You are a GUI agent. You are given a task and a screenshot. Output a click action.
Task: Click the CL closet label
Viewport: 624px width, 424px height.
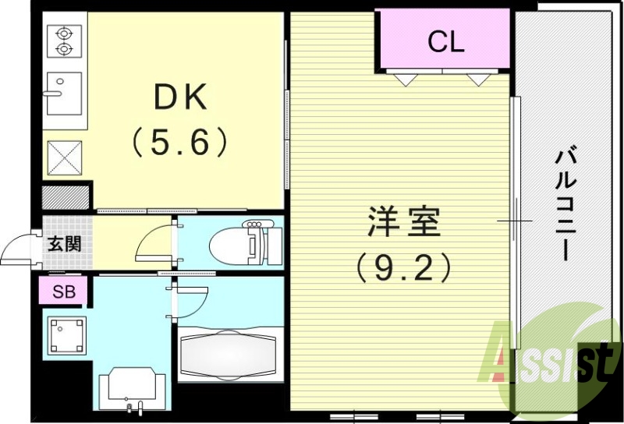tap(445, 42)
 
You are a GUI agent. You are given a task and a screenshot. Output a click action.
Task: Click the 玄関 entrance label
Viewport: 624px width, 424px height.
tap(64, 243)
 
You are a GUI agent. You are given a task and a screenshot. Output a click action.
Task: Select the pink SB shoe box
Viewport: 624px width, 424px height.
tap(63, 292)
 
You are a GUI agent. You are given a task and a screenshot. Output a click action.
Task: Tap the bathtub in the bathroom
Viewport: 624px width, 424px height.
tap(228, 355)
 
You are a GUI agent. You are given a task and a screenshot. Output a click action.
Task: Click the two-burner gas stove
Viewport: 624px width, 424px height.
tap(63, 41)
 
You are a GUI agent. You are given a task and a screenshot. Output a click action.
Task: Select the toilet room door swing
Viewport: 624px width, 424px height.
tap(156, 242)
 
